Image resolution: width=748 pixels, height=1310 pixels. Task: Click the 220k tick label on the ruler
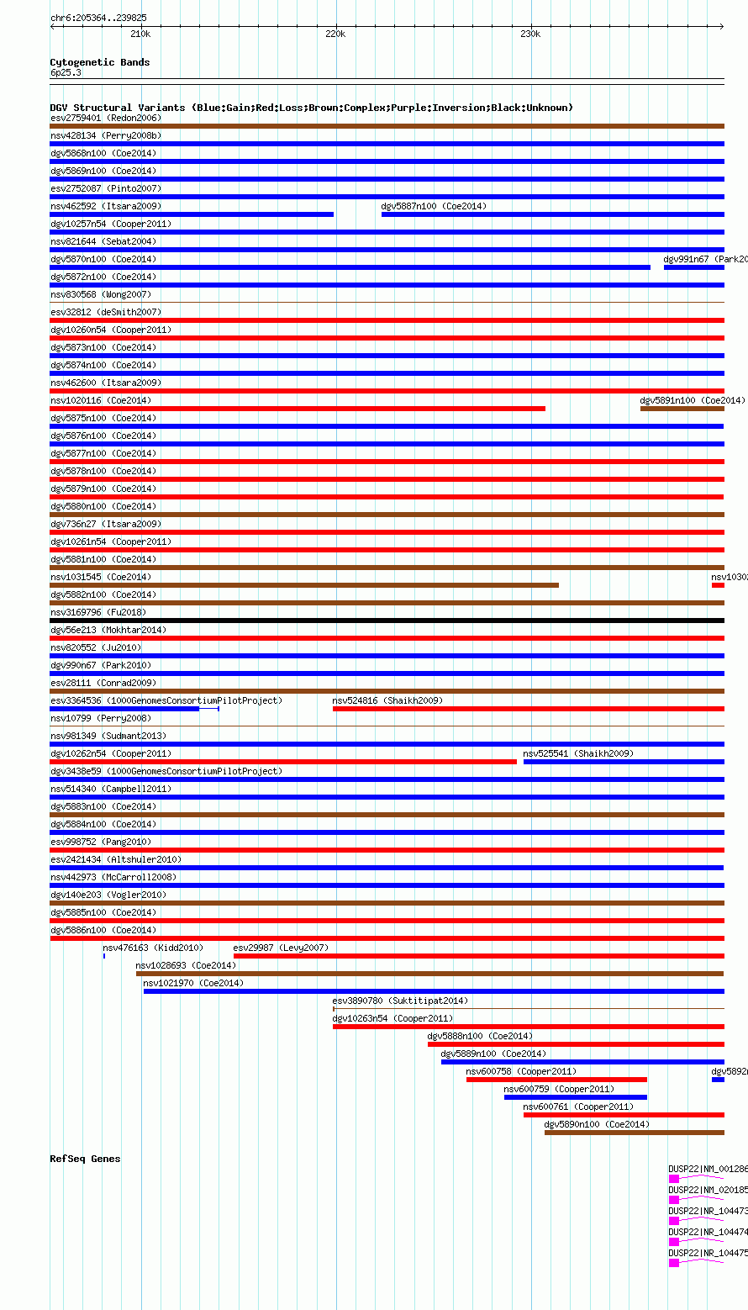pyautogui.click(x=334, y=34)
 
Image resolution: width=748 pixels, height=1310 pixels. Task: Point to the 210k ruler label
pyautogui.click(x=140, y=34)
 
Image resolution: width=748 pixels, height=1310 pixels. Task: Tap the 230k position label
pyautogui.click(x=529, y=34)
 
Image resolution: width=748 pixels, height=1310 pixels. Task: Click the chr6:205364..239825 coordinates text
pyautogui.click(x=98, y=18)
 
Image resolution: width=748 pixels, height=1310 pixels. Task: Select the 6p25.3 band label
pyautogui.click(x=66, y=72)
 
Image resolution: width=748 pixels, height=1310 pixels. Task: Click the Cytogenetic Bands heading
pyautogui.click(x=99, y=62)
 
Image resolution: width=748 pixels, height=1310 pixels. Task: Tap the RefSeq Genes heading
pyautogui.click(x=85, y=1159)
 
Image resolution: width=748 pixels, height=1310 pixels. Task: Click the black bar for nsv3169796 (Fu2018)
pyautogui.click(x=387, y=621)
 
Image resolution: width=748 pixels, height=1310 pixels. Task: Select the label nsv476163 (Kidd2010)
pyautogui.click(x=152, y=948)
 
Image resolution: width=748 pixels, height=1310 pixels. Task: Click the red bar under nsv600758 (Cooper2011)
pyautogui.click(x=556, y=1080)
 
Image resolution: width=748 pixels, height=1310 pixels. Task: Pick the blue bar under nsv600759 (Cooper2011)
pyautogui.click(x=576, y=1097)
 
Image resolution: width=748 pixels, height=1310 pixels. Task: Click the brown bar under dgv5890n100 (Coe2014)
pyautogui.click(x=634, y=1133)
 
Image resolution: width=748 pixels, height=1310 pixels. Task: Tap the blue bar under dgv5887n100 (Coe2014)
pyautogui.click(x=552, y=214)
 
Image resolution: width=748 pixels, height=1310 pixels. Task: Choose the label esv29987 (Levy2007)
pyautogui.click(x=281, y=948)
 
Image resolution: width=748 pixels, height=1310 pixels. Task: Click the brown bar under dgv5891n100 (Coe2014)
pyautogui.click(x=682, y=409)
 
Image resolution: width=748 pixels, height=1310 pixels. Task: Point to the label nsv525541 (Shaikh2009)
pyautogui.click(x=578, y=753)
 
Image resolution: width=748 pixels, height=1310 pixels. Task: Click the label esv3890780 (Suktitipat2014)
pyautogui.click(x=400, y=1001)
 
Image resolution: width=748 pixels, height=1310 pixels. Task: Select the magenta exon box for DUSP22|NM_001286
pyautogui.click(x=674, y=1180)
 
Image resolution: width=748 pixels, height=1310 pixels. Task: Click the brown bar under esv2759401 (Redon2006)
pyautogui.click(x=387, y=126)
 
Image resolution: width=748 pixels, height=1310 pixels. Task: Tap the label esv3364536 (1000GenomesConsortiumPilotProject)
pyautogui.click(x=166, y=700)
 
